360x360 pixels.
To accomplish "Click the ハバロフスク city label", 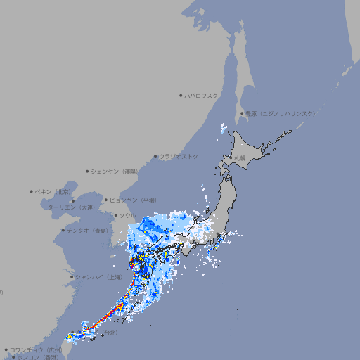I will click(x=202, y=96).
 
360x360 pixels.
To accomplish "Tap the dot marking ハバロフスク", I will click(x=181, y=96).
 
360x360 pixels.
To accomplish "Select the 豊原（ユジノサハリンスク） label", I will click(x=281, y=113).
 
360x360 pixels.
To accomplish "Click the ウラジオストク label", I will click(x=179, y=156).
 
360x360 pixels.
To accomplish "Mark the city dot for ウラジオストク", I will click(x=155, y=156).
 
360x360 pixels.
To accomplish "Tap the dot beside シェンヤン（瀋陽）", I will click(x=87, y=171).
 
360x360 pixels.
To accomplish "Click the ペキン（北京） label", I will click(x=54, y=191).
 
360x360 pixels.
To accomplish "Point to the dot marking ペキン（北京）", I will click(x=32, y=191).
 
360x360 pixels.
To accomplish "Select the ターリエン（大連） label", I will click(x=72, y=208).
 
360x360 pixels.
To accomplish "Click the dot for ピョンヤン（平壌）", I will click(x=106, y=200).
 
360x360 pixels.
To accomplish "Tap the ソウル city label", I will click(x=127, y=215).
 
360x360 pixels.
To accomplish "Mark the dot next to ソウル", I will click(x=115, y=215).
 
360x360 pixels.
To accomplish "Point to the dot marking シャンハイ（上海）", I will click(x=72, y=277).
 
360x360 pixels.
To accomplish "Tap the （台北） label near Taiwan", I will click(x=110, y=332).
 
